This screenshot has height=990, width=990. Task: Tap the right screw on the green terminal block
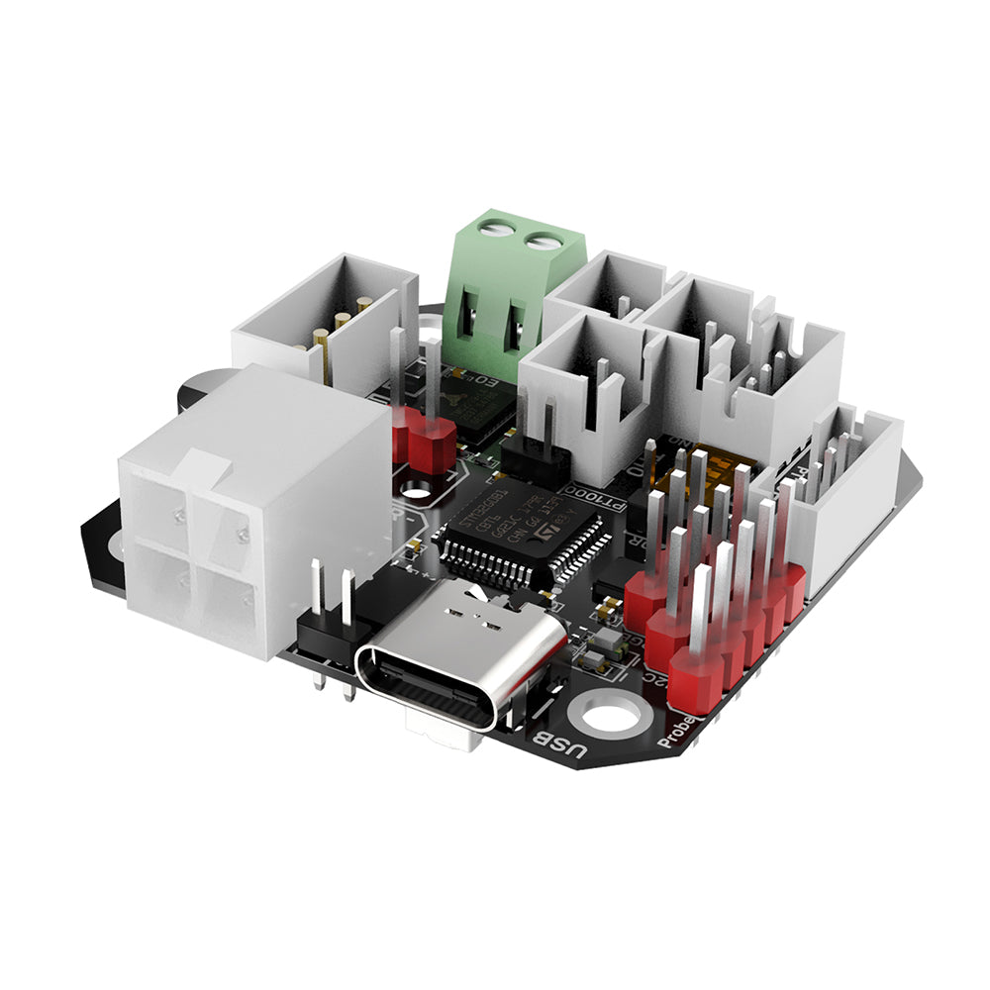(543, 240)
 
